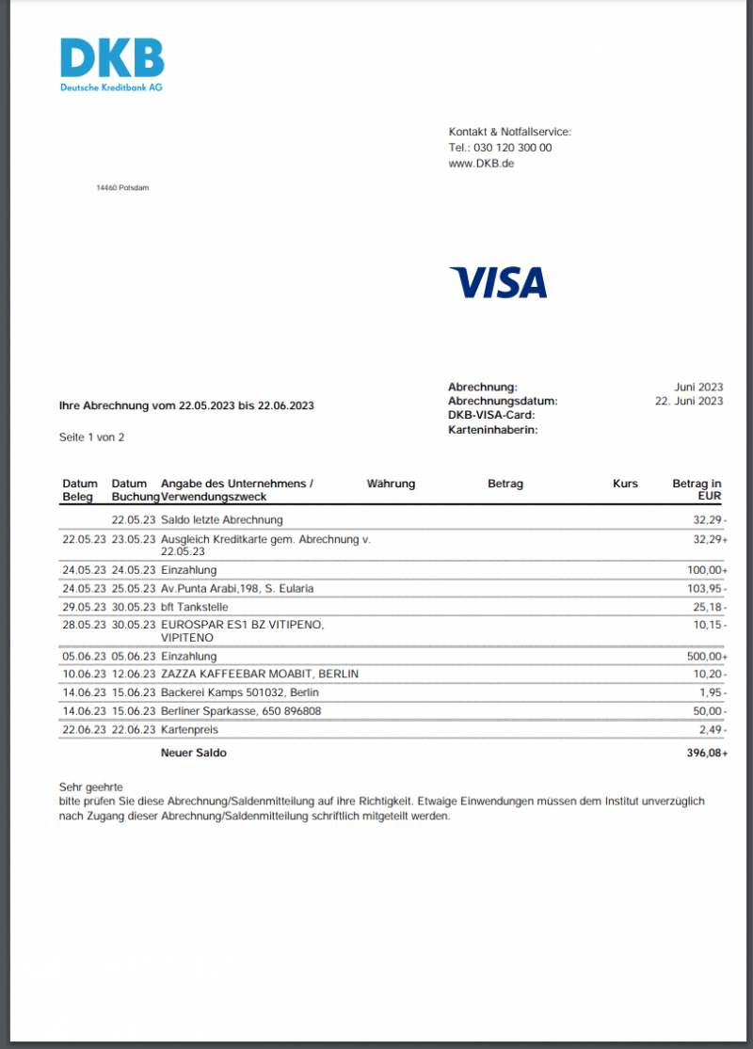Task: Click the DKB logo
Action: pyautogui.click(x=112, y=64)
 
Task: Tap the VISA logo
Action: pyautogui.click(x=498, y=282)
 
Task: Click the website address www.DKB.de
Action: pyautogui.click(x=481, y=164)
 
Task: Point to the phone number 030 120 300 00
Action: pyautogui.click(x=513, y=148)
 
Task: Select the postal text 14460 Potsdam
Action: pyautogui.click(x=122, y=187)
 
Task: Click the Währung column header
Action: pyautogui.click(x=391, y=484)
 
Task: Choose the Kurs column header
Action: pyautogui.click(x=625, y=484)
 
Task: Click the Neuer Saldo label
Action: pyautogui.click(x=194, y=753)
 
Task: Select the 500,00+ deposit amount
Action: pyautogui.click(x=704, y=656)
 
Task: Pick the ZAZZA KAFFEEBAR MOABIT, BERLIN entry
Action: pyautogui.click(x=260, y=674)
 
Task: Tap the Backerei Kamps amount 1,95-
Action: pyautogui.click(x=711, y=692)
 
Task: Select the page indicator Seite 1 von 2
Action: pyautogui.click(x=91, y=437)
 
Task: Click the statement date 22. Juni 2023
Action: pyautogui.click(x=689, y=401)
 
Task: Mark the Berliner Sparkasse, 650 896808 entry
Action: pyautogui.click(x=241, y=710)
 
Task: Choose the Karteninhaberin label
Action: pyautogui.click(x=492, y=429)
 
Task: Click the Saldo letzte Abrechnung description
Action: pyautogui.click(x=222, y=519)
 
